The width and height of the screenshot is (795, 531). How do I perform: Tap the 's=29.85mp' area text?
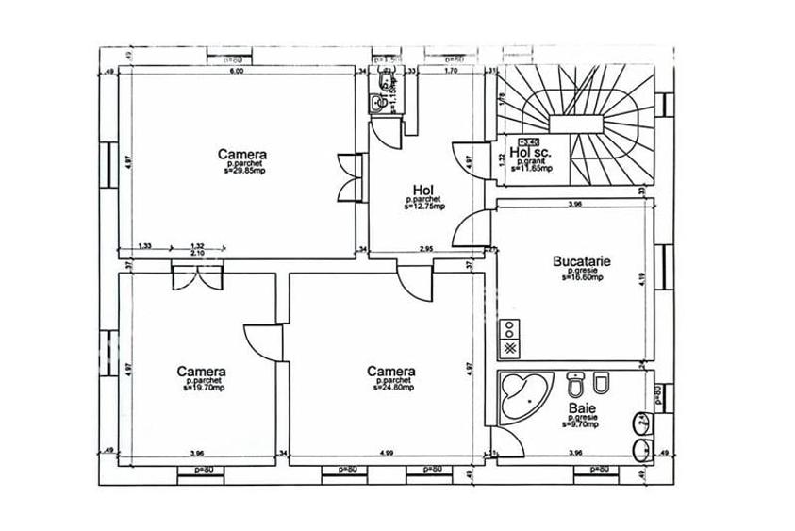(242, 173)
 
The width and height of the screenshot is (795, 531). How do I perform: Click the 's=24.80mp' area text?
(391, 387)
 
